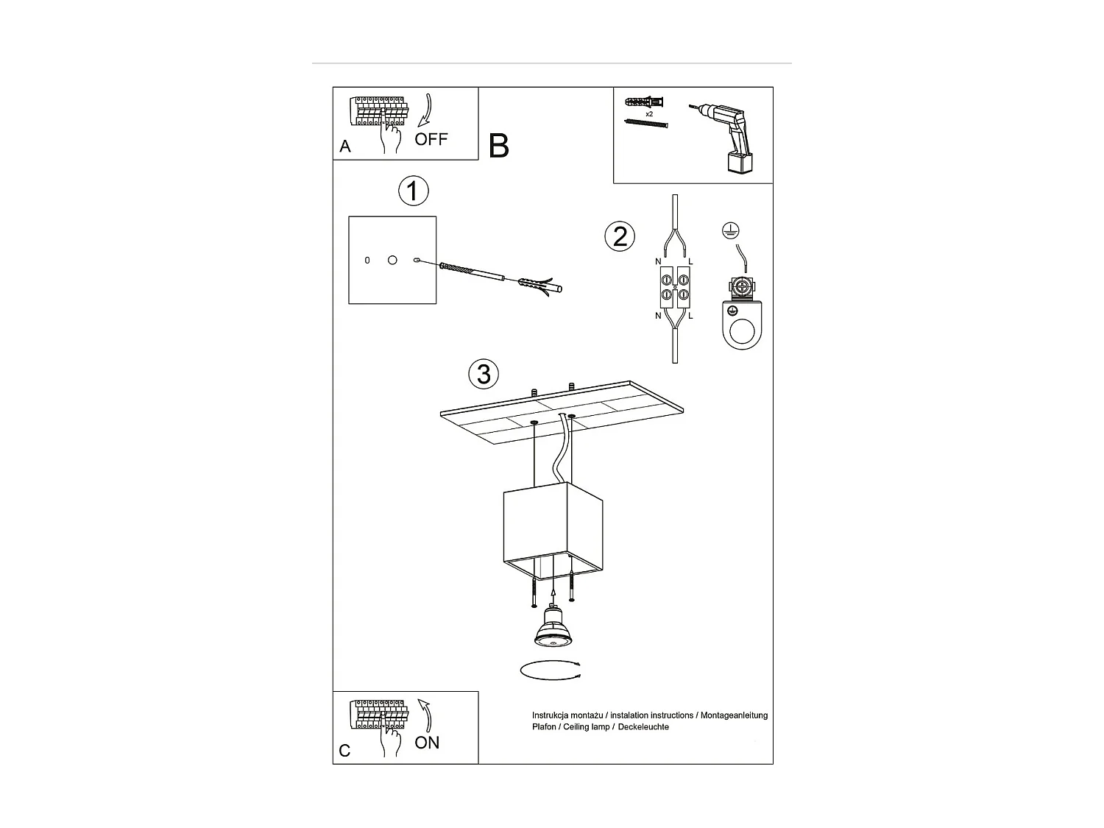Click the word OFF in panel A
pos(431,139)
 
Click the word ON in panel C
pos(427,743)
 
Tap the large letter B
pos(498,146)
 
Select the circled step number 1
pos(413,191)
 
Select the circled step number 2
pos(620,236)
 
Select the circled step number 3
pos(484,374)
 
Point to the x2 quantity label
pos(649,115)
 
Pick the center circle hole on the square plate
pos(392,261)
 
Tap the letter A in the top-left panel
pos(345,146)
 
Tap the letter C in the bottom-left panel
pos(344,751)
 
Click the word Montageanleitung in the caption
pos(734,715)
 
